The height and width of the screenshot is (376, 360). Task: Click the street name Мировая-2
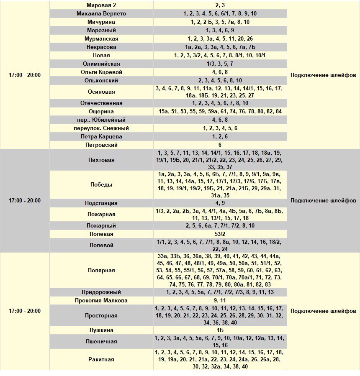(101, 5)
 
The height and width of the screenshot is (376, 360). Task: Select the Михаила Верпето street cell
(101, 13)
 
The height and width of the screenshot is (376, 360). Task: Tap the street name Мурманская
(101, 38)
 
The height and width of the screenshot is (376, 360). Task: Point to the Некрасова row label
(101, 47)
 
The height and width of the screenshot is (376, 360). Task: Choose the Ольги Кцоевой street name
(101, 72)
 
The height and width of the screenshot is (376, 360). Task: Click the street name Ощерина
(101, 111)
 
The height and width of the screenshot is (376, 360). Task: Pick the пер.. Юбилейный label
(101, 120)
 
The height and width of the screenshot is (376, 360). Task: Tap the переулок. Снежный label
(101, 128)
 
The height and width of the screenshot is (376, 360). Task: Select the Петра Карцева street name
(101, 136)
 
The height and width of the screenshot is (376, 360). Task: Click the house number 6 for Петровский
(220, 145)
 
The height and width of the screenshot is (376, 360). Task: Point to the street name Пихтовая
(101, 160)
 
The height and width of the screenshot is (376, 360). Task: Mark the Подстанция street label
(101, 203)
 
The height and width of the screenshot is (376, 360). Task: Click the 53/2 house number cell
(220, 234)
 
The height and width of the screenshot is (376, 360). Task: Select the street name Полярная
(101, 270)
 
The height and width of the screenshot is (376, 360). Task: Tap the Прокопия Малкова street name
(101, 300)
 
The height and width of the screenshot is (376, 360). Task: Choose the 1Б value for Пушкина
(220, 330)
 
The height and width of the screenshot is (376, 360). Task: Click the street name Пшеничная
(101, 341)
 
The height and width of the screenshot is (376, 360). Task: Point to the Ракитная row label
(101, 359)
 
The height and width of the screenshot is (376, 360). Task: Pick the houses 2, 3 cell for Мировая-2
(220, 5)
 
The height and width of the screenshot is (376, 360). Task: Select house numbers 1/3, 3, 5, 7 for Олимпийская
(220, 64)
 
